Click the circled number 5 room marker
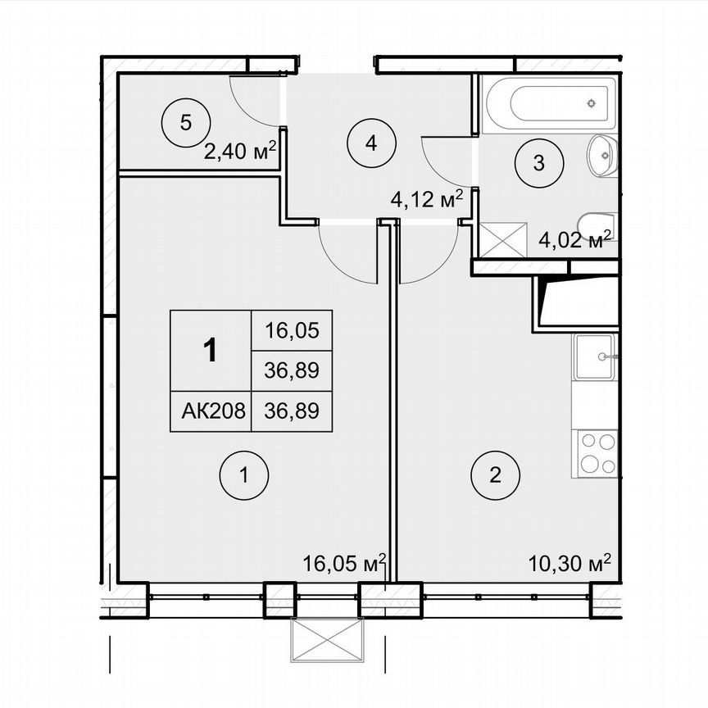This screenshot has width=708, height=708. [185, 124]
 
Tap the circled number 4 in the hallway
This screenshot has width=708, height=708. [371, 143]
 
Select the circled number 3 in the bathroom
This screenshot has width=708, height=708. [538, 162]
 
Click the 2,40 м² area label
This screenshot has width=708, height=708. [239, 152]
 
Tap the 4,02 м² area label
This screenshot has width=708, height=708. [575, 240]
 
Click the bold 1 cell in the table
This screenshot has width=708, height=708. [211, 351]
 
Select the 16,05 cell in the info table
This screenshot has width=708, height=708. [291, 331]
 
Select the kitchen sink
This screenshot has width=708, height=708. [595, 356]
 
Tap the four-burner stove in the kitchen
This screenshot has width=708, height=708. [597, 453]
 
